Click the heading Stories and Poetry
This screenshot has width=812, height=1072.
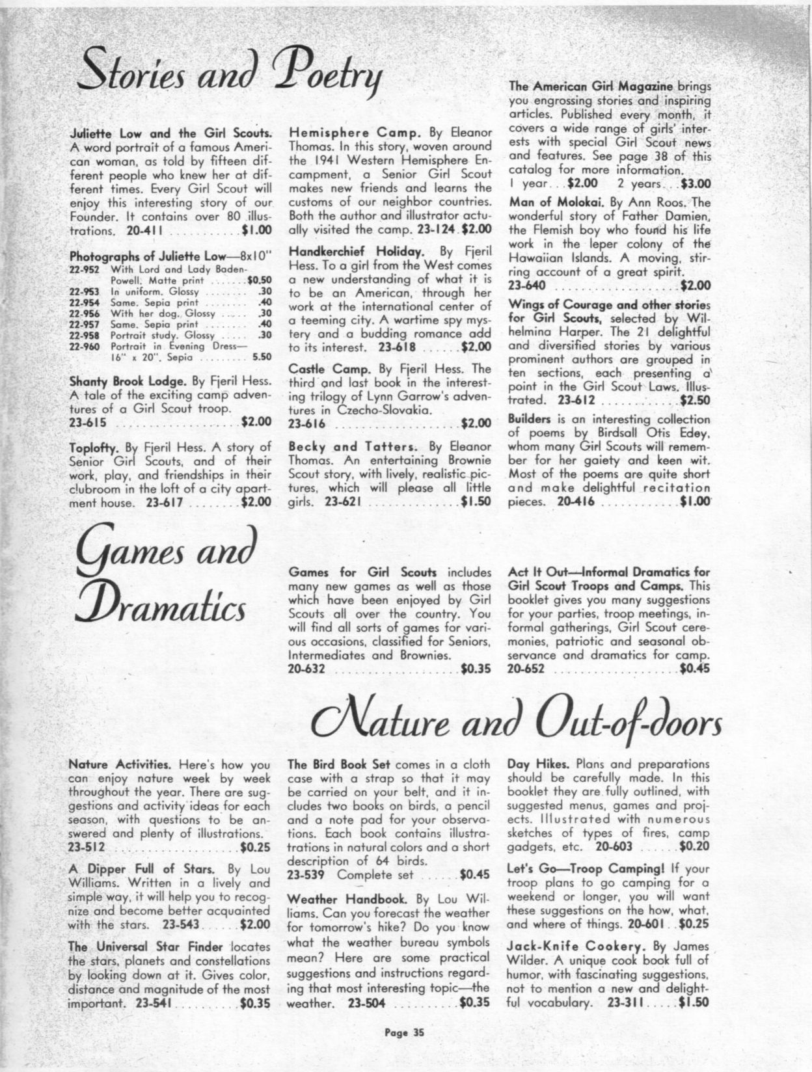tap(231, 75)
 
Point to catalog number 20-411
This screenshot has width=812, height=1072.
tap(148, 230)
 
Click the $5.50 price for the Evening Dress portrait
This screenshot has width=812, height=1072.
tap(261, 356)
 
